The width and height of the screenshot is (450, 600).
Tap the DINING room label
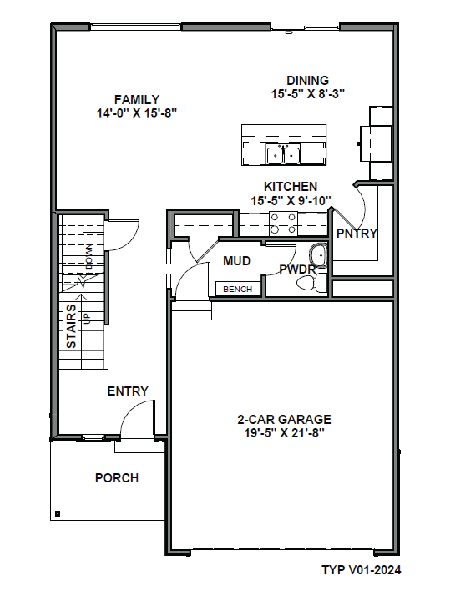point(308,81)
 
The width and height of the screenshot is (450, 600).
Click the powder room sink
point(318,255)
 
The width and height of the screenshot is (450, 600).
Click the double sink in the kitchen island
point(283,155)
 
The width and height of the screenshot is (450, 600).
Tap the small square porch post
point(58,513)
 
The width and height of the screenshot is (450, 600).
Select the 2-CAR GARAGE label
point(284,419)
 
